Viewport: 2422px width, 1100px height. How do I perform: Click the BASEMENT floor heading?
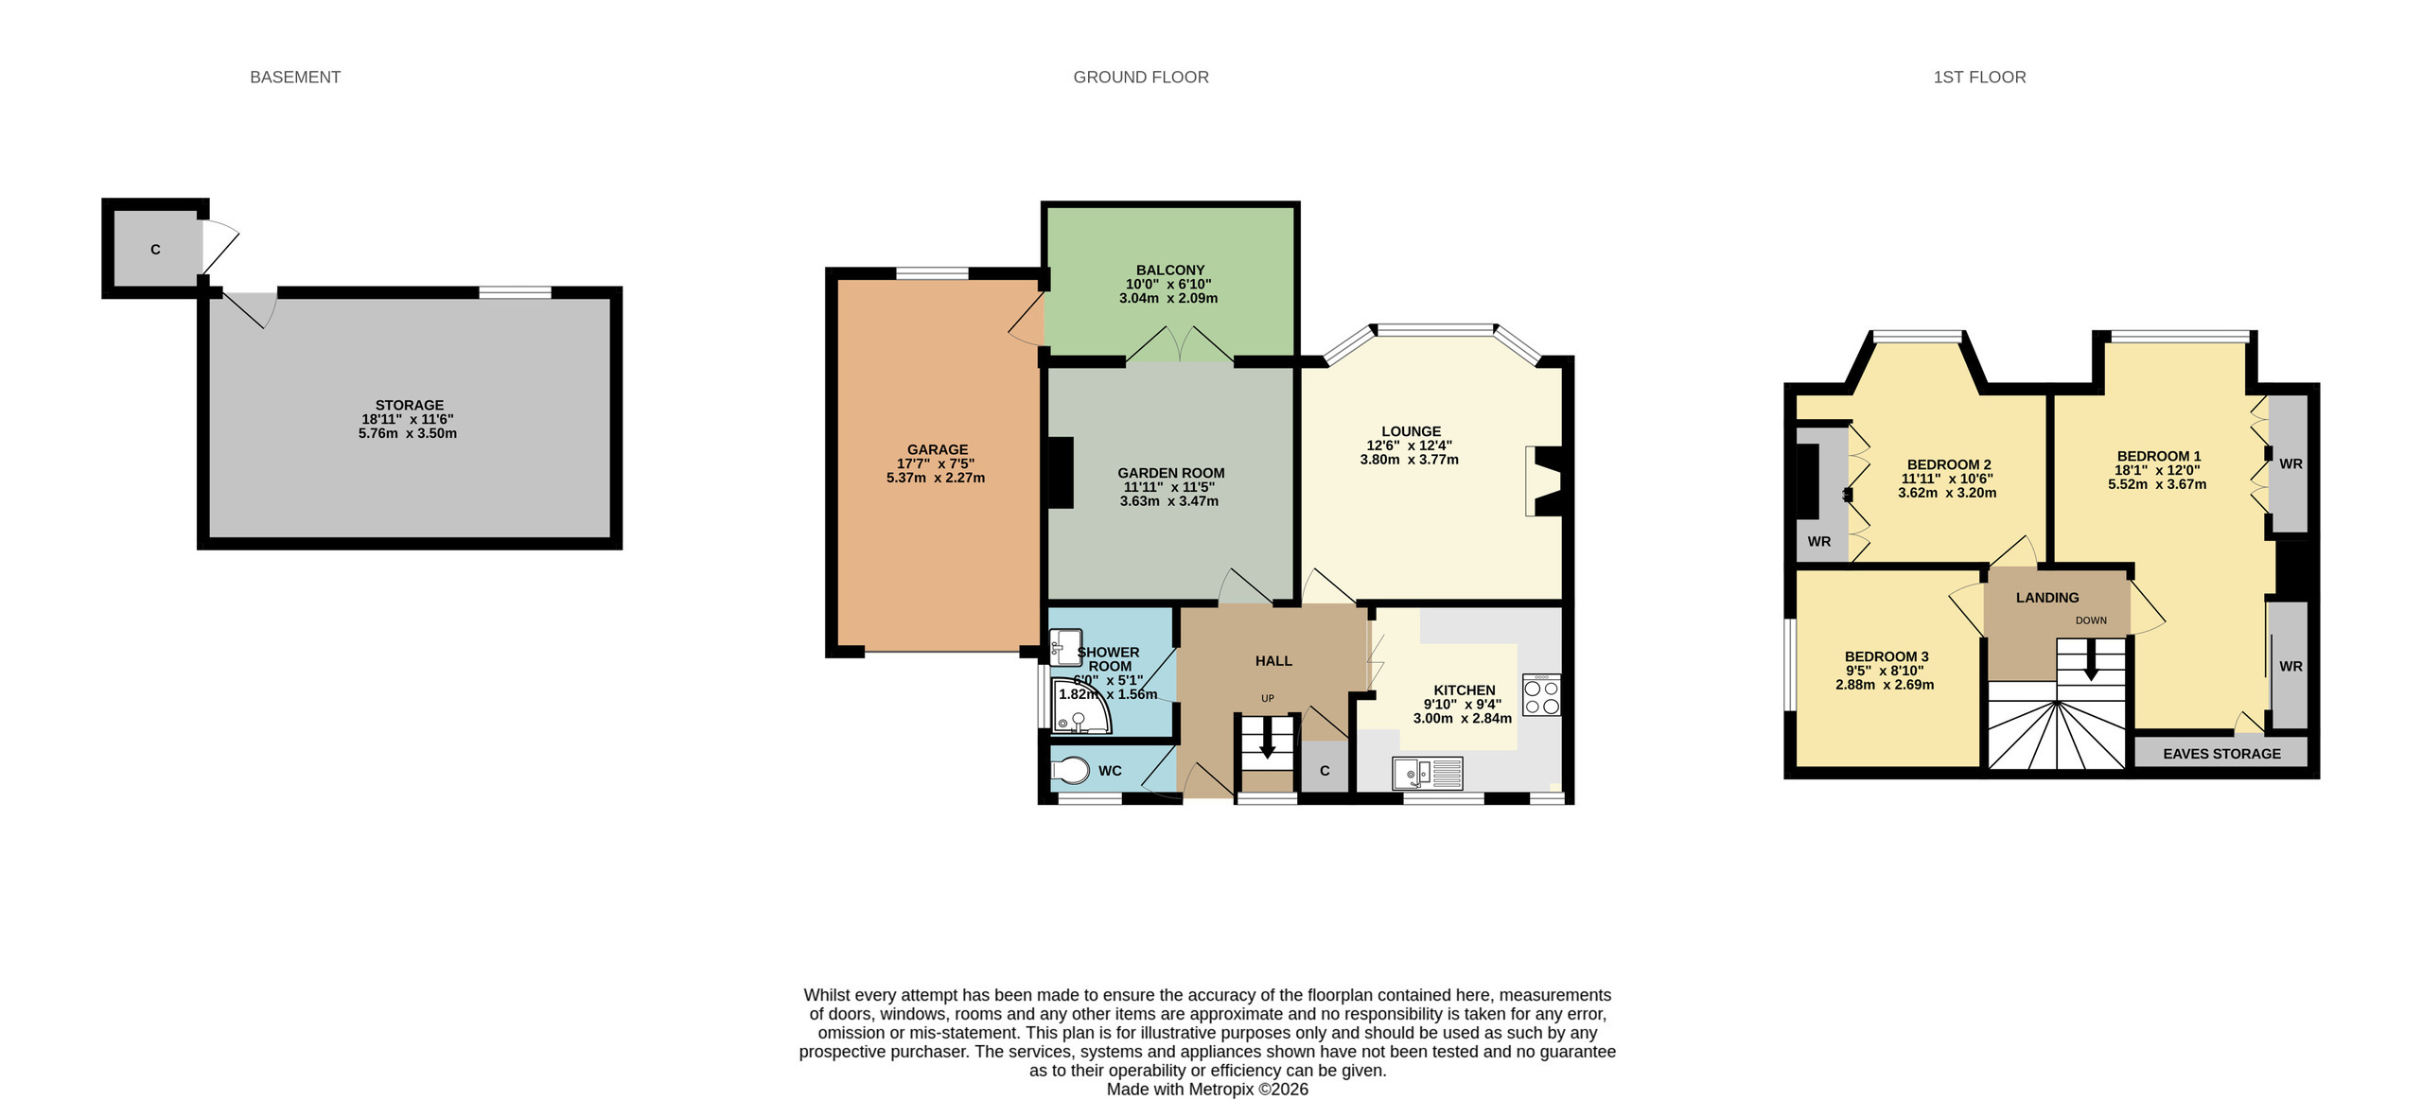click(295, 78)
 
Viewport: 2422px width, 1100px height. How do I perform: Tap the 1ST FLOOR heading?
click(1979, 78)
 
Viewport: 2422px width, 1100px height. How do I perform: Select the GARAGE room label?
click(938, 449)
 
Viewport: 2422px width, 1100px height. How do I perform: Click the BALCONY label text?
click(1170, 270)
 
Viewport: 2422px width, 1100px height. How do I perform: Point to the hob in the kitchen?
click(1541, 694)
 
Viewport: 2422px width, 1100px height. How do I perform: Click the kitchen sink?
click(1428, 773)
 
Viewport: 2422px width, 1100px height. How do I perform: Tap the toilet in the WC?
click(1070, 770)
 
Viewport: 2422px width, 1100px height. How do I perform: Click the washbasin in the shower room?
click(1065, 647)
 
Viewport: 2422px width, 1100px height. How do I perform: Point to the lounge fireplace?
click(1543, 481)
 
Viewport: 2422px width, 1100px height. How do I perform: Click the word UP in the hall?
click(1268, 698)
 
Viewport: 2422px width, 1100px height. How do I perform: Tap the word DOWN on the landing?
click(2091, 620)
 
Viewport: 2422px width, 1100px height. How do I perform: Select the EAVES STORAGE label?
click(2221, 754)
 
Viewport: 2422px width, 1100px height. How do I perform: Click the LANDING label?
click(2047, 598)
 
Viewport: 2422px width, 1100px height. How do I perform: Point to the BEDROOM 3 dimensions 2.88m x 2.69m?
click(1885, 685)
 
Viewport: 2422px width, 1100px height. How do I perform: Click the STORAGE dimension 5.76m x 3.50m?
click(408, 433)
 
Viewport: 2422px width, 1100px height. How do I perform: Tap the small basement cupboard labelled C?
click(155, 249)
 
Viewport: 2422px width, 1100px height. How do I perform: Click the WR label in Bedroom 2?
click(1818, 542)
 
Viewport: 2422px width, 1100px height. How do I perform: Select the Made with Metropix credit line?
click(1207, 1089)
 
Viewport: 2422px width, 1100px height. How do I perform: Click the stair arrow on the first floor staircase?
click(2091, 660)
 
